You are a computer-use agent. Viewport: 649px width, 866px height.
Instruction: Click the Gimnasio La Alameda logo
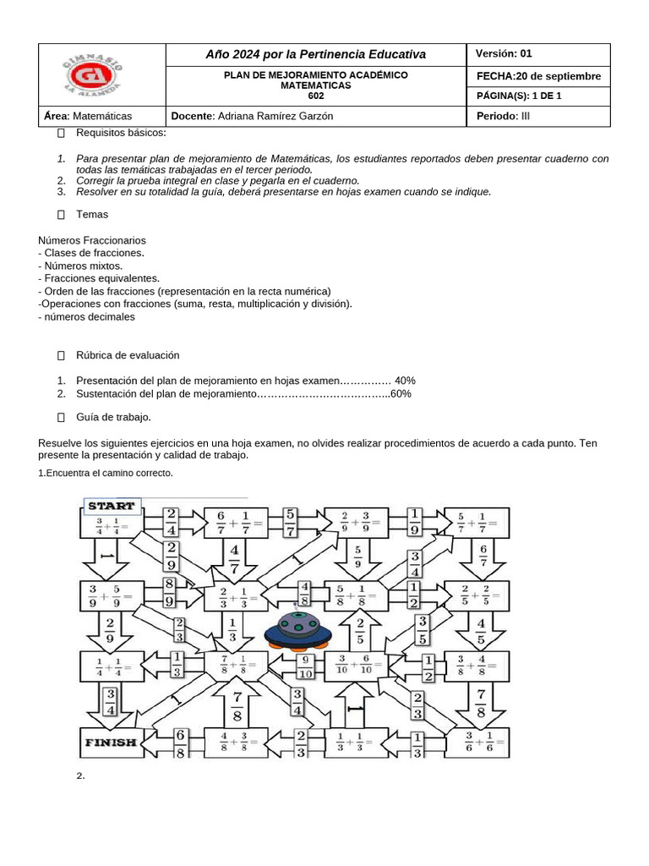(x=93, y=75)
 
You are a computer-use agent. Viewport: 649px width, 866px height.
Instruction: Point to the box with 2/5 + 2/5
(x=479, y=596)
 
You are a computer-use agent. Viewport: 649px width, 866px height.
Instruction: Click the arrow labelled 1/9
(x=416, y=523)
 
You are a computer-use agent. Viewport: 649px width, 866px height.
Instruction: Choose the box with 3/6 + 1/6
(x=479, y=744)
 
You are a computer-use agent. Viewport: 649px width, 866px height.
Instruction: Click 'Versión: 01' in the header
(x=504, y=53)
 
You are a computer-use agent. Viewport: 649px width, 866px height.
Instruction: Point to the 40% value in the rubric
(x=405, y=381)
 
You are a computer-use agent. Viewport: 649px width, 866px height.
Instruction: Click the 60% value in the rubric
(x=401, y=394)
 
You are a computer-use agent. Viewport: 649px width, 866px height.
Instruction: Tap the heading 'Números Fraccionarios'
(x=92, y=240)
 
